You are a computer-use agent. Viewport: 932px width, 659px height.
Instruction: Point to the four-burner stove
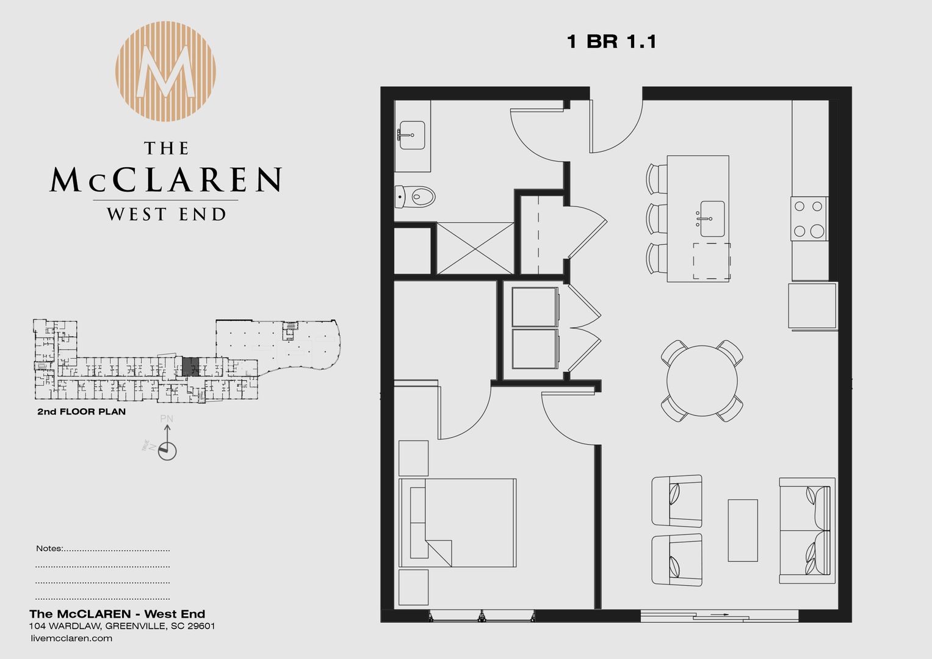809,218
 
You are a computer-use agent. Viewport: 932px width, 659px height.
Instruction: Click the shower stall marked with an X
475,248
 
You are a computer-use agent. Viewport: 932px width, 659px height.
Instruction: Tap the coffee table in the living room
742,530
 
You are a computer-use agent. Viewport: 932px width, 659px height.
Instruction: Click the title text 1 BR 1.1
611,41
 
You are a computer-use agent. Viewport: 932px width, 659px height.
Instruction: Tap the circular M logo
166,71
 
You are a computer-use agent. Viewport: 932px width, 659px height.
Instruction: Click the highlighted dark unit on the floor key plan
190,367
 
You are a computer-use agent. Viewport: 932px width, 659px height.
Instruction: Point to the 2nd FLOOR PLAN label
82,412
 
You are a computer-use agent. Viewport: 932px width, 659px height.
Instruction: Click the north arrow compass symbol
167,450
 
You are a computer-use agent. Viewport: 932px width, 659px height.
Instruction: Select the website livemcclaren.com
71,638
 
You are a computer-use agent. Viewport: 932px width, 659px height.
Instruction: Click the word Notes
49,548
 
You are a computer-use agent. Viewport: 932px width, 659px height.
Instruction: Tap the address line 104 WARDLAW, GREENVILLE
122,626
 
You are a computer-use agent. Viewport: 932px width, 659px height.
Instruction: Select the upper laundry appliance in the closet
535,307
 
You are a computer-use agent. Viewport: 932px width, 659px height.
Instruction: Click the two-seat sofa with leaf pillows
806,530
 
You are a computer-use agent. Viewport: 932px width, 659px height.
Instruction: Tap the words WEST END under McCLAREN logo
166,214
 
